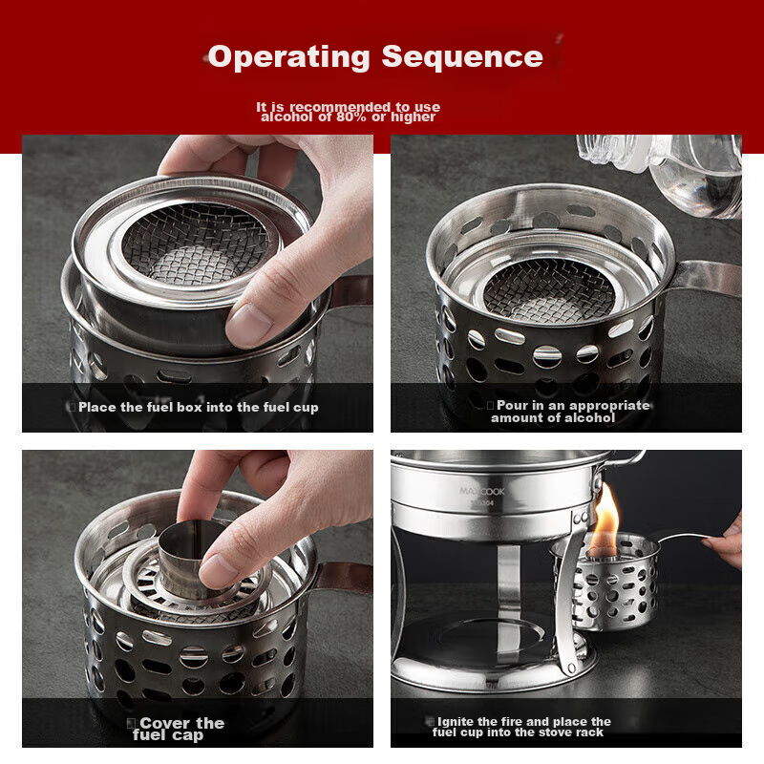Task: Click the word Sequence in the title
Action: (462, 56)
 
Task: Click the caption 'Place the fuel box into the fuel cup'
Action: (199, 408)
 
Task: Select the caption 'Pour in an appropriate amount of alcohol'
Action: (567, 412)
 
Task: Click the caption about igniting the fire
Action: (521, 727)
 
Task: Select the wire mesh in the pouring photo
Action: (547, 287)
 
